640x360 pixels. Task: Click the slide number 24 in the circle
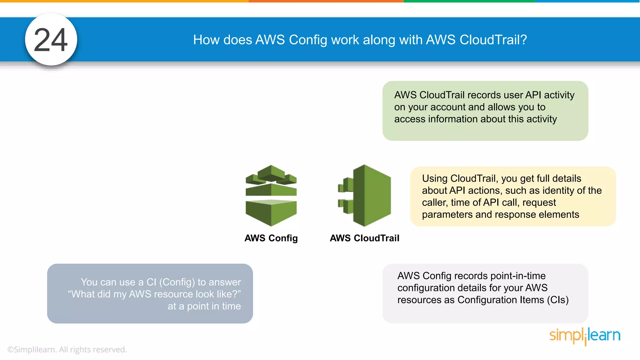pos(51,40)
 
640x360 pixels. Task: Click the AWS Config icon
pos(271,196)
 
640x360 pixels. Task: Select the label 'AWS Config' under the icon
pos(271,238)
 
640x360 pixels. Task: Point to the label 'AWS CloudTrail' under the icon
pos(364,238)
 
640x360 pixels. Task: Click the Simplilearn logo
pos(585,335)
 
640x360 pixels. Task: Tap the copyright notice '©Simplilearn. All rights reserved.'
pos(67,349)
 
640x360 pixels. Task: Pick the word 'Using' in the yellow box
pos(435,178)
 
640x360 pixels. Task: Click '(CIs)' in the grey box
pos(558,300)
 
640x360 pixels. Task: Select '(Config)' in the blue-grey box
pos(177,282)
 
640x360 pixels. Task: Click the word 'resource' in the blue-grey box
pos(173,294)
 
